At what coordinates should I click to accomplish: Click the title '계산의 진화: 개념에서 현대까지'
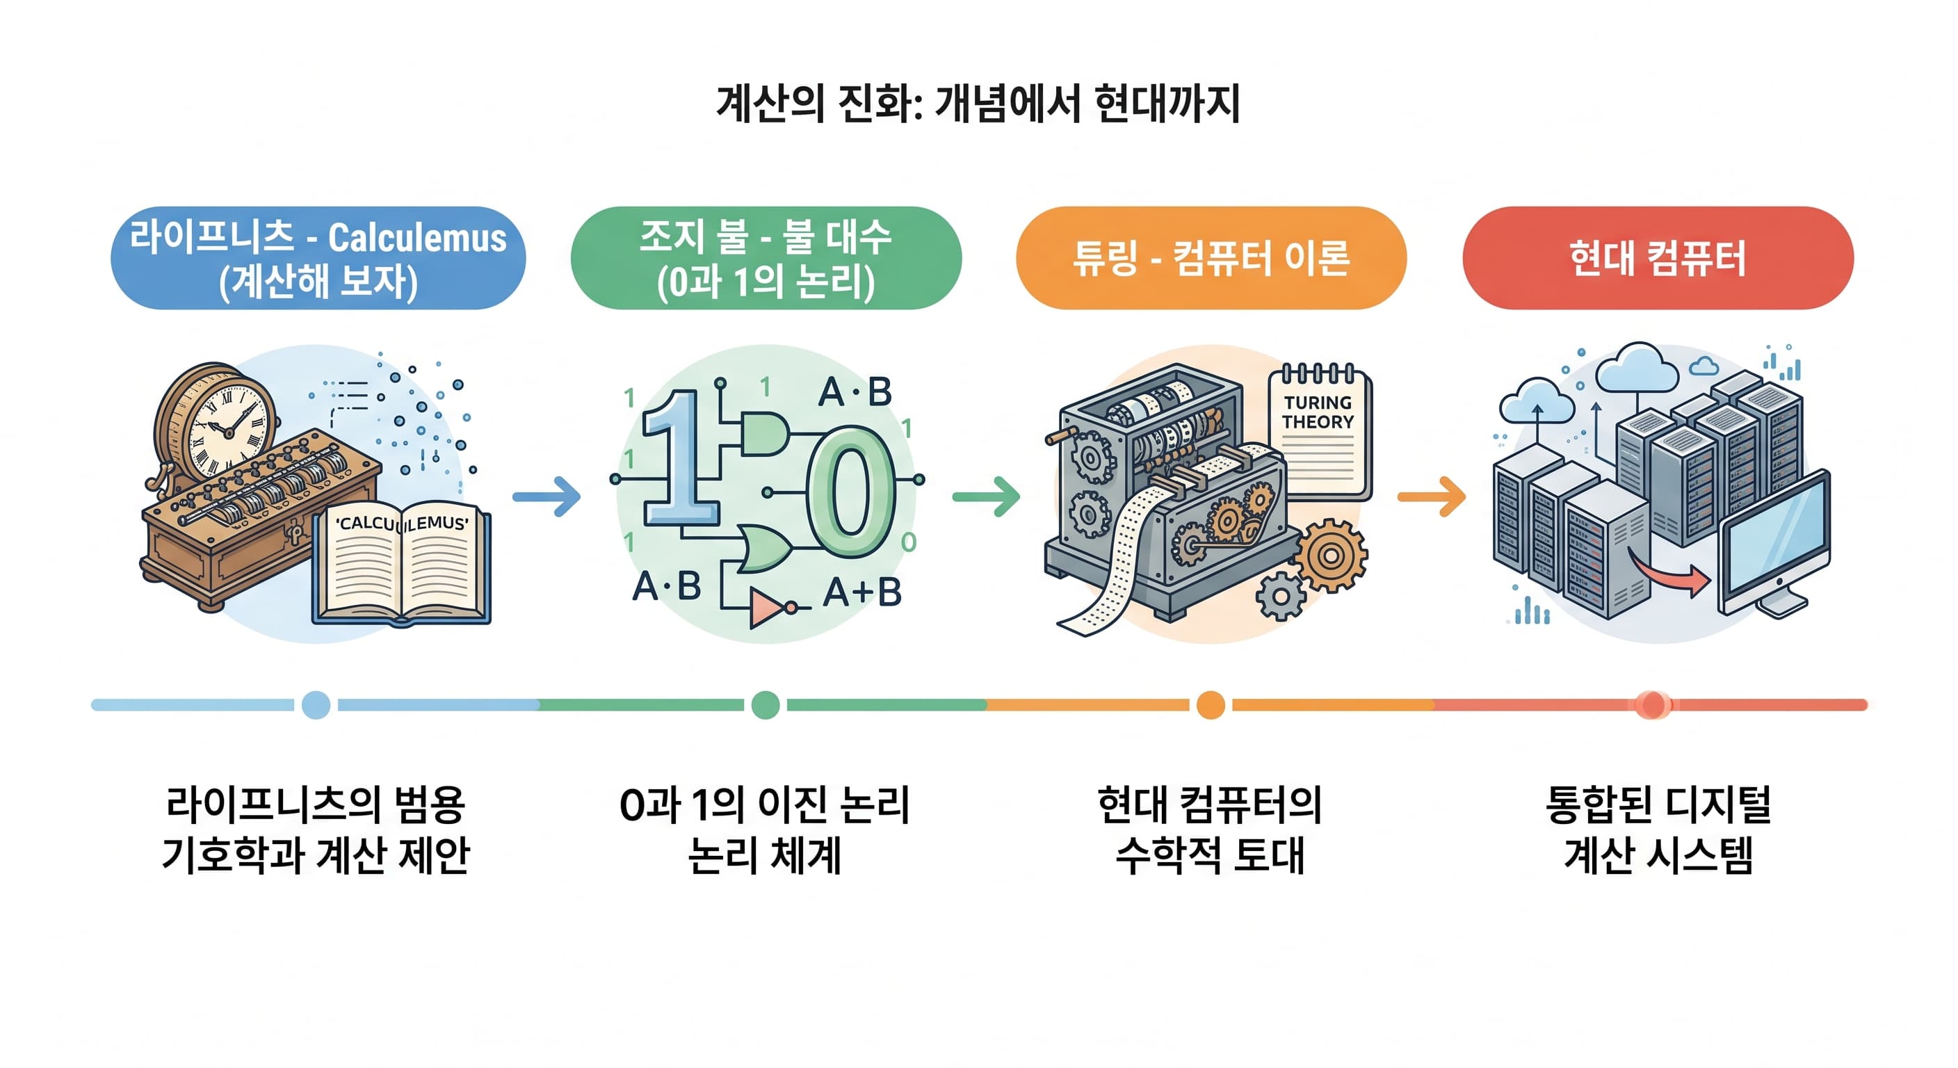(978, 104)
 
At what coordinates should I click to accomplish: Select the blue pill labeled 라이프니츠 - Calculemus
(318, 258)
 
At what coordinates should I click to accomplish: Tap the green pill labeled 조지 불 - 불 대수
(766, 258)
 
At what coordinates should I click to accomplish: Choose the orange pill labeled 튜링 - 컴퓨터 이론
(1211, 258)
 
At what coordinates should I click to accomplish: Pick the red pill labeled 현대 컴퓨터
(1658, 258)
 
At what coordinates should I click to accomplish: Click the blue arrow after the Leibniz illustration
(547, 496)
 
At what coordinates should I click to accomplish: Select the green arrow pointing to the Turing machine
(986, 496)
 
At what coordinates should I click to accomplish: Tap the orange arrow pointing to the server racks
(1431, 496)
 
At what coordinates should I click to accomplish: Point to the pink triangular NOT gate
(768, 607)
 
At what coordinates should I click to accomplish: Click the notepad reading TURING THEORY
(1319, 433)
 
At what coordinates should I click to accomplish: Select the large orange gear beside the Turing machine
(1330, 556)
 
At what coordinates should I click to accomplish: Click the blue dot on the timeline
(316, 704)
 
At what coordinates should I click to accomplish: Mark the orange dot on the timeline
(1210, 704)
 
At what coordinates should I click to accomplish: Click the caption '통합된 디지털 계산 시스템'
(1658, 830)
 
